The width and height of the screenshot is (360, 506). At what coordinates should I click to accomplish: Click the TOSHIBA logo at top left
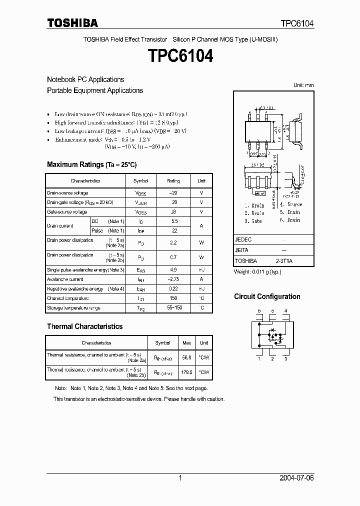(x=72, y=23)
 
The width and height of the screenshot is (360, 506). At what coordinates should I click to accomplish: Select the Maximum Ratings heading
(x=91, y=164)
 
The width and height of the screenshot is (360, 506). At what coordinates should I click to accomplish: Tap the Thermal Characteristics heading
(x=84, y=326)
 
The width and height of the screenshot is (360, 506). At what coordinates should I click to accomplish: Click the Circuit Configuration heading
(x=267, y=296)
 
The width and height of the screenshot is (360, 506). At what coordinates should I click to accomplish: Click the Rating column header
(x=173, y=181)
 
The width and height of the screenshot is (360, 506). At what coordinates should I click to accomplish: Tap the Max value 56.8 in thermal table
(x=187, y=357)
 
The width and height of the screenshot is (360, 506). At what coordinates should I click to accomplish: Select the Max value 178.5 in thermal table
(x=187, y=372)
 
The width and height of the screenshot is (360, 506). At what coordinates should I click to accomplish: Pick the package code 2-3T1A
(x=284, y=261)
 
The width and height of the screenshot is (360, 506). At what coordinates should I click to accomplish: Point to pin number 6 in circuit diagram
(x=259, y=311)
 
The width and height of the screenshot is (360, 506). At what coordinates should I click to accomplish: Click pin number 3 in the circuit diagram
(x=285, y=358)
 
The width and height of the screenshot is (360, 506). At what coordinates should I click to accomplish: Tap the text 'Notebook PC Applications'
(x=85, y=79)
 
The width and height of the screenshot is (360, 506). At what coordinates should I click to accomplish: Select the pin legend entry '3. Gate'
(x=254, y=220)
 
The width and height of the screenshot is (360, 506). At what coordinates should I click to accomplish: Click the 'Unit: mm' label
(x=303, y=85)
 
